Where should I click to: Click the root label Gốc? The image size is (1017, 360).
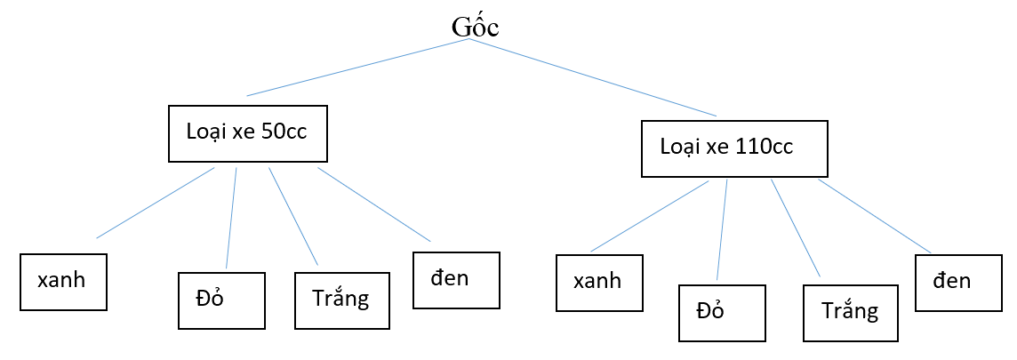[x=475, y=26]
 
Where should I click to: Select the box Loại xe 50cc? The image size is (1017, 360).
[x=248, y=134]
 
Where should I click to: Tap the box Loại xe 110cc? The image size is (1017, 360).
[x=734, y=148]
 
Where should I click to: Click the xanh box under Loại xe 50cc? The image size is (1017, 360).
[x=63, y=282]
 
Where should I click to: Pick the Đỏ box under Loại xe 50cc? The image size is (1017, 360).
[x=221, y=300]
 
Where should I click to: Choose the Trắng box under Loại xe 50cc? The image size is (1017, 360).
[x=340, y=300]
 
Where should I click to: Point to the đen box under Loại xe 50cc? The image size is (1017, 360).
[x=456, y=280]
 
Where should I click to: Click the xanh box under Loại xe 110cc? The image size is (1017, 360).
[x=598, y=283]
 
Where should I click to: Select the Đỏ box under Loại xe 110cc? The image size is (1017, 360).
[x=721, y=313]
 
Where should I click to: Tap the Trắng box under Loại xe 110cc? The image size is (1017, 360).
[x=849, y=313]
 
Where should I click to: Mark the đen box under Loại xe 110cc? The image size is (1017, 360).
[x=958, y=283]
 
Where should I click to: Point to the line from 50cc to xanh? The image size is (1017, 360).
[x=156, y=202]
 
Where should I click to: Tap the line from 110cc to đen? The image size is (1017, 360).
[x=875, y=216]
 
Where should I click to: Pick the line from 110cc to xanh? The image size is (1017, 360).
[x=649, y=216]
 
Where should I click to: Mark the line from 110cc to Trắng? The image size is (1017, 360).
[x=796, y=228]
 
